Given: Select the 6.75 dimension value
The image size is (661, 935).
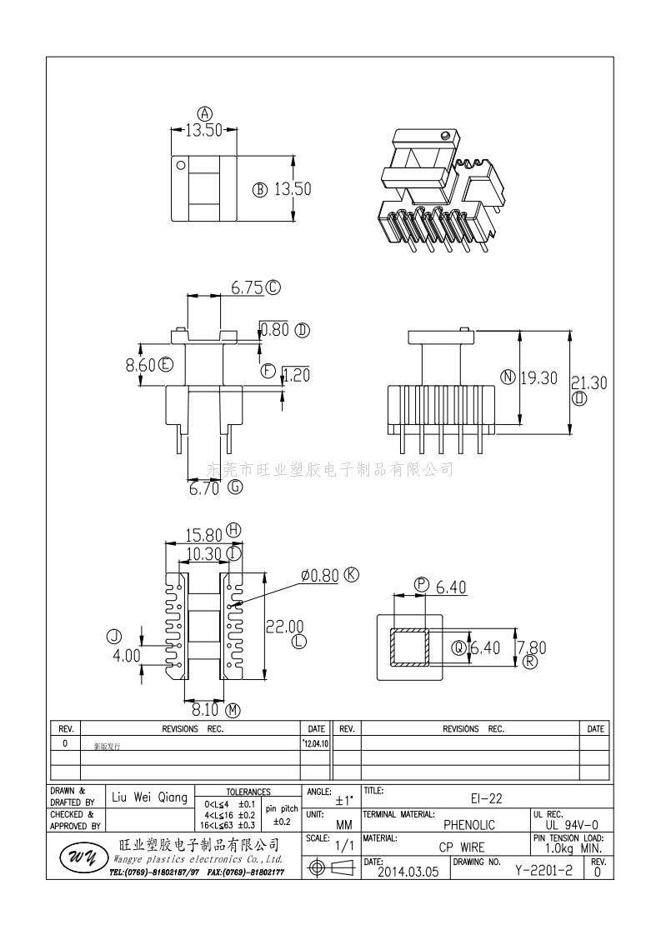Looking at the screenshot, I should tap(248, 288).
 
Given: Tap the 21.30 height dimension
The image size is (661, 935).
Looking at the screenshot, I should tap(588, 382).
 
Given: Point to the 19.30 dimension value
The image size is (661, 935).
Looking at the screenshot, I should tap(538, 377).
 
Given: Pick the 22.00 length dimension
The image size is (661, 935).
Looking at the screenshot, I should tap(283, 626).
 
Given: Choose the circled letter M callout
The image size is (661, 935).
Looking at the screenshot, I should tap(233, 710).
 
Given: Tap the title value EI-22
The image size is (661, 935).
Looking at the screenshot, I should tap(485, 797).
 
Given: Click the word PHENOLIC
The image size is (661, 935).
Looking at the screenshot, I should tap(469, 825).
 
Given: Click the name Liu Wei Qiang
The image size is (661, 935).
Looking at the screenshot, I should tap(150, 797).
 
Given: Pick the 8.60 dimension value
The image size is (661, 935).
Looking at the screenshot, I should tap(140, 364).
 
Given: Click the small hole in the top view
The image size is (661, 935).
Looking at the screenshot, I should tap(180, 165).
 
